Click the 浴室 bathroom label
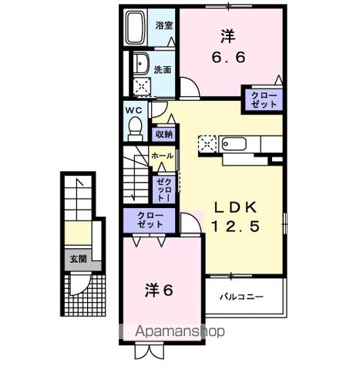click(163, 25)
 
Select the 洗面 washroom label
click(163, 69)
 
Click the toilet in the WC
click(136, 124)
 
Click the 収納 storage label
click(163, 134)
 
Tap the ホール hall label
click(162, 155)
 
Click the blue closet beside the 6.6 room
click(263, 99)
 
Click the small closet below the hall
click(163, 188)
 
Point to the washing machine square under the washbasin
click(141, 86)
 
